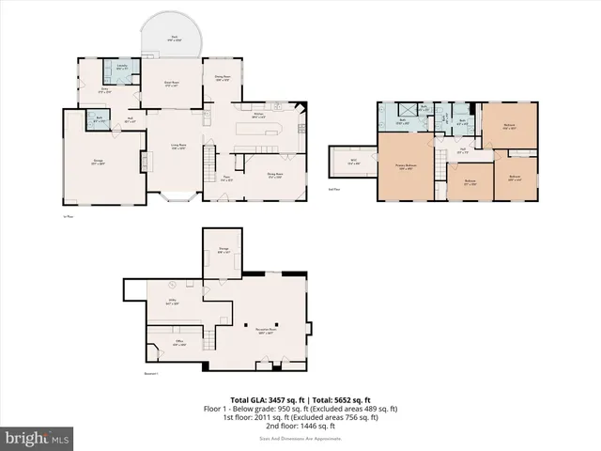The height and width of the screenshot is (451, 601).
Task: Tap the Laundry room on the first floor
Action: coord(123,67)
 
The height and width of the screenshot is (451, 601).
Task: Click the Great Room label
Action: coord(173,85)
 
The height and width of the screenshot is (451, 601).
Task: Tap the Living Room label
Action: coord(176,147)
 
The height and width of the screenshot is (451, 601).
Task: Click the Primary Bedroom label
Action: coord(406,166)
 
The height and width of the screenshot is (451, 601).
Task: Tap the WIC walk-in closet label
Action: coord(353,162)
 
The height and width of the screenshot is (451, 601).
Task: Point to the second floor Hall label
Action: coord(463,150)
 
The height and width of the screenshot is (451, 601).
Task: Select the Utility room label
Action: coord(172,303)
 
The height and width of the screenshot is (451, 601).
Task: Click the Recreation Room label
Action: coord(265,331)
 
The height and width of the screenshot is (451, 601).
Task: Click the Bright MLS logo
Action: coord(37,439)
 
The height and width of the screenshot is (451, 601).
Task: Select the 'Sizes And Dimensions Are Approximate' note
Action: coord(300,439)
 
